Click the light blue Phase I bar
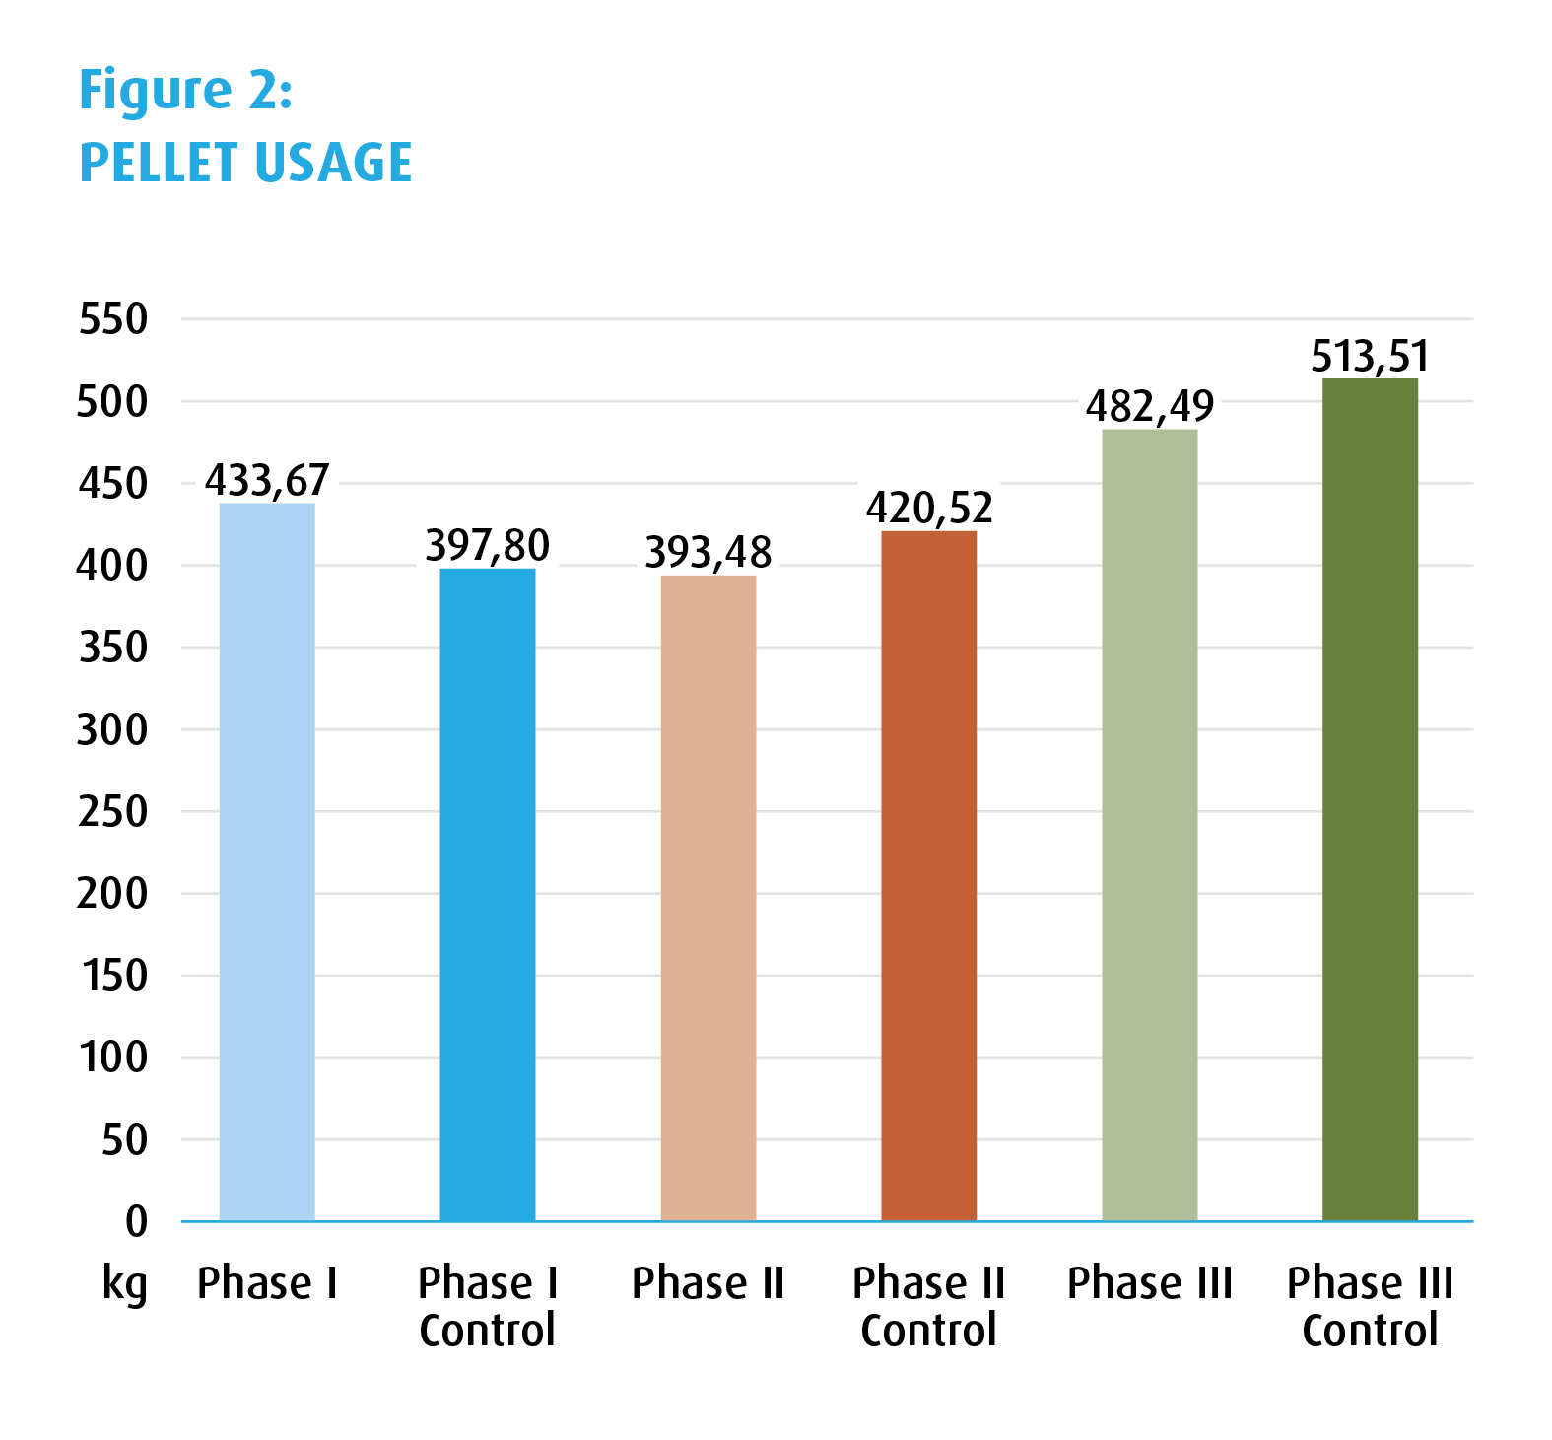click(x=267, y=861)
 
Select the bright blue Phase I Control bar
click(x=488, y=894)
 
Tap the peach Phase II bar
click(x=709, y=897)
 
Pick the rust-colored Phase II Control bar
click(x=929, y=875)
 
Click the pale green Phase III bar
click(x=1150, y=824)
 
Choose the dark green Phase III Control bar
click(x=1370, y=798)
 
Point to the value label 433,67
click(x=267, y=481)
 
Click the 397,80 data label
click(x=488, y=545)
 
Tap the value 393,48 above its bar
click(x=709, y=552)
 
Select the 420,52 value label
click(x=929, y=509)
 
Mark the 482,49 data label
click(x=1150, y=406)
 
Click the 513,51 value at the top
click(x=1370, y=356)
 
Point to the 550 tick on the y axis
click(x=113, y=319)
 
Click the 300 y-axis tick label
click(x=113, y=730)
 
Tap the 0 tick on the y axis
click(x=137, y=1222)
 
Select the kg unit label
click(x=125, y=1285)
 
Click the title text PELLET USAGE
click(x=245, y=163)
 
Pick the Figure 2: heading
click(x=186, y=91)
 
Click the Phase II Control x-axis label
click(x=929, y=1307)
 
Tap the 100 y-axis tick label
click(x=113, y=1058)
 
